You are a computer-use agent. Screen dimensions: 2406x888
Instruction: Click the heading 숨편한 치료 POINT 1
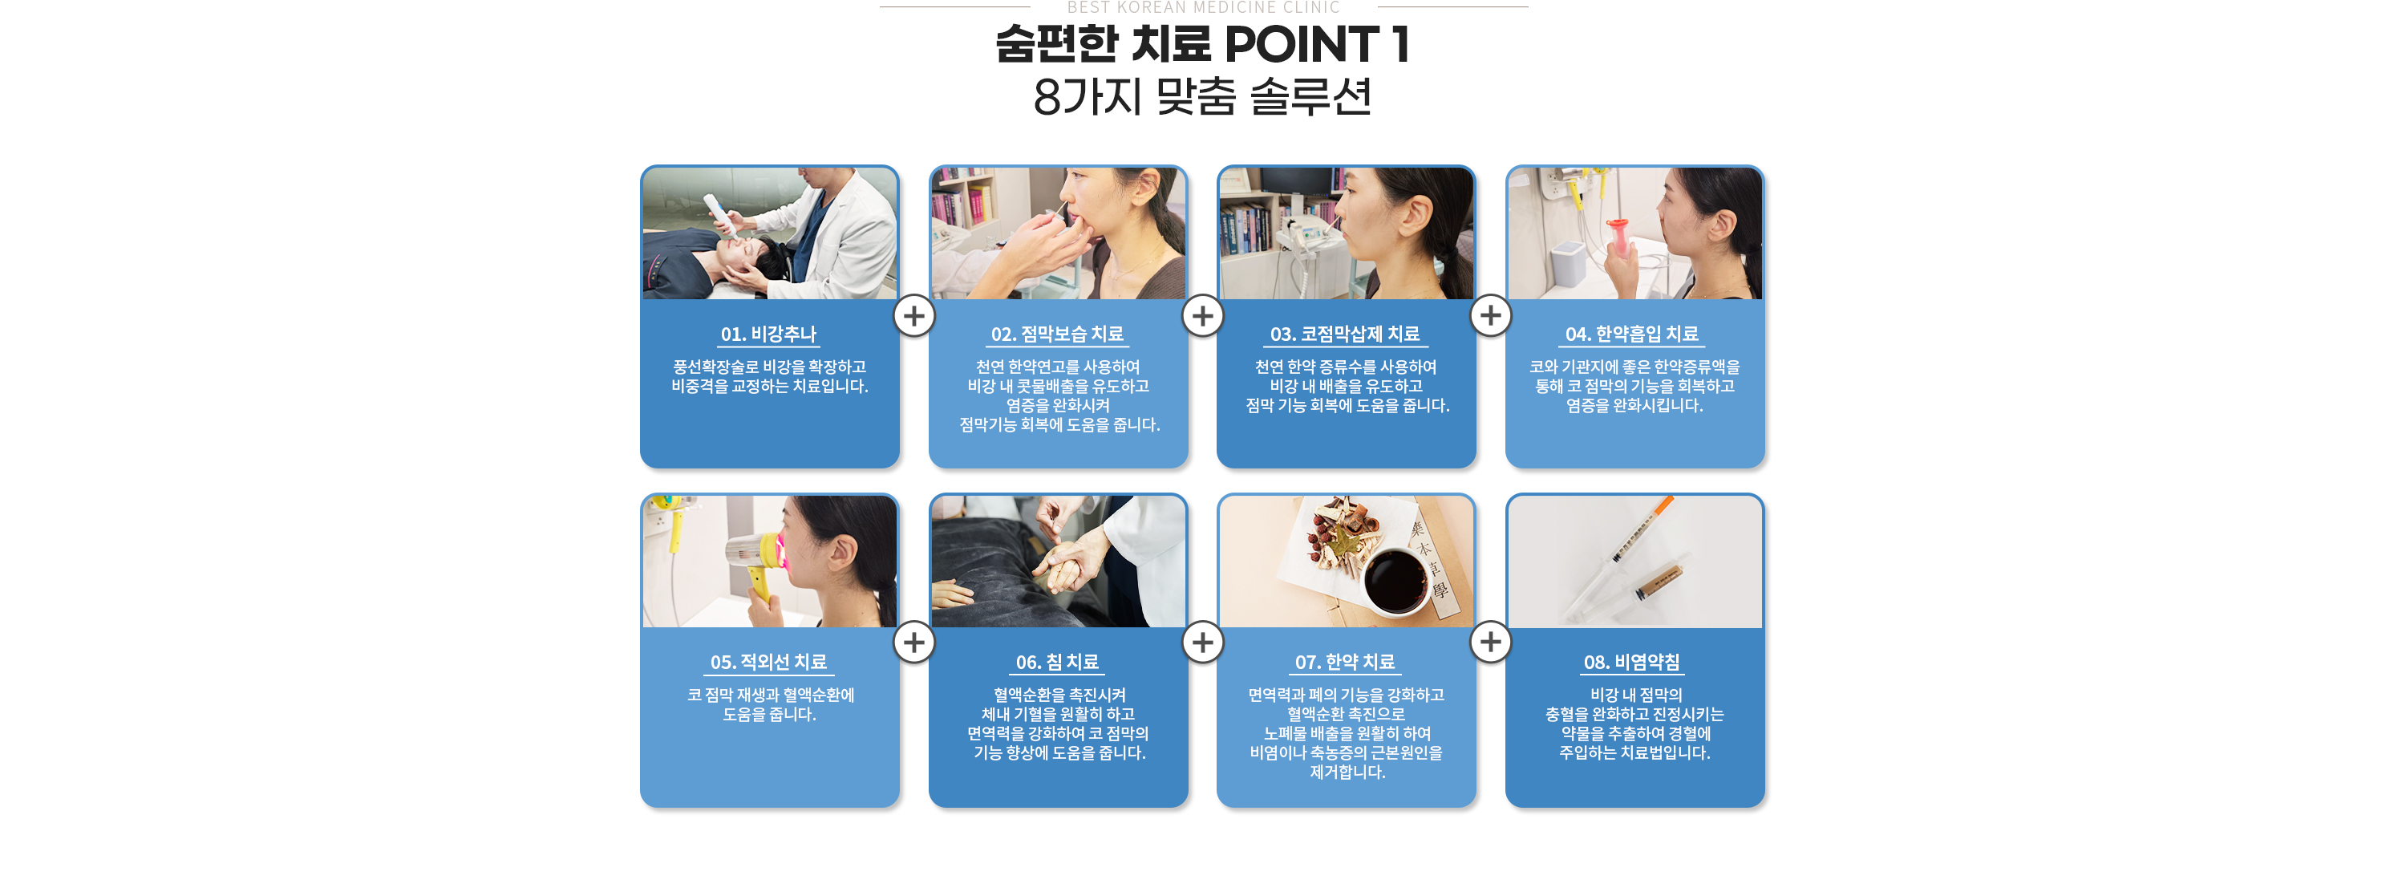(x=1202, y=44)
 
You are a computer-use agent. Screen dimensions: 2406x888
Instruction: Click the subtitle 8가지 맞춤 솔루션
(x=1202, y=96)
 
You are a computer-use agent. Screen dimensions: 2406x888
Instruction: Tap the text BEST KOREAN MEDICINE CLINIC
(x=1203, y=7)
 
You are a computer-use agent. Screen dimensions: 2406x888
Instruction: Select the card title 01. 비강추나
(x=768, y=335)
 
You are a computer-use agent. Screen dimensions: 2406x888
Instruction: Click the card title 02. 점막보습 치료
(x=1057, y=335)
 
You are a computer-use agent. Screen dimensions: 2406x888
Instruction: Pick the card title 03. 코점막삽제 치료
(x=1345, y=335)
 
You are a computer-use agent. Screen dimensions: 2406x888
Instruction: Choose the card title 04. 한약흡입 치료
(x=1633, y=335)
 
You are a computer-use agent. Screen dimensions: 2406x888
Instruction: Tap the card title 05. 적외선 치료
(x=768, y=662)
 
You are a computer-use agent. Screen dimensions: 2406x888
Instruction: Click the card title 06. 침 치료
(x=1057, y=662)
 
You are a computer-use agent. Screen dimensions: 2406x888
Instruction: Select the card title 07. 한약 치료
(x=1345, y=662)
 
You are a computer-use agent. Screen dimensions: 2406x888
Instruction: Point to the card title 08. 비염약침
(x=1633, y=662)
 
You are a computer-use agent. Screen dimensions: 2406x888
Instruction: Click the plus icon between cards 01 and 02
(x=914, y=315)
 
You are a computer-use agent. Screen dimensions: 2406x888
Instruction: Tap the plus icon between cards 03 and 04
(x=1491, y=315)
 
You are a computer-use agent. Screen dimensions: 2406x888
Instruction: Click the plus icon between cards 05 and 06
(x=914, y=643)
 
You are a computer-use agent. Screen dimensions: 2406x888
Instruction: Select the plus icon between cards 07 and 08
(x=1491, y=643)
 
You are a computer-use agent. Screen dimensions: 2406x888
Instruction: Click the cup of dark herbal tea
(x=1395, y=579)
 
